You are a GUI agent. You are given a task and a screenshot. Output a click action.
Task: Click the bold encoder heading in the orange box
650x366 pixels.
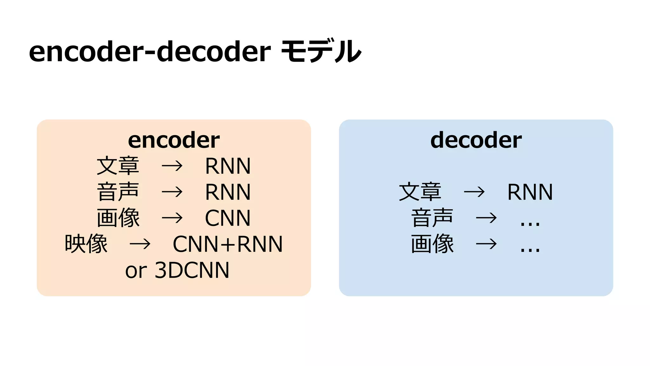(174, 140)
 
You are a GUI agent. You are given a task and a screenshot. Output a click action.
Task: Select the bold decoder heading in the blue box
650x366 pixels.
(476, 140)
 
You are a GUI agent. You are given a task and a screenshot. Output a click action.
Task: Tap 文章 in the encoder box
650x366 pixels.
(118, 166)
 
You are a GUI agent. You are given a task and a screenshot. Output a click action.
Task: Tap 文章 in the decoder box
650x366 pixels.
(420, 192)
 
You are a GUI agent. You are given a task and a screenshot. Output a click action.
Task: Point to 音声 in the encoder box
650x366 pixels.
(118, 192)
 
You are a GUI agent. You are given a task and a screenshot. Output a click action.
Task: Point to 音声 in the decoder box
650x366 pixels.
(432, 218)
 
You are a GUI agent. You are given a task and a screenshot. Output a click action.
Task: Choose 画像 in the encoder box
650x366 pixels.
(118, 218)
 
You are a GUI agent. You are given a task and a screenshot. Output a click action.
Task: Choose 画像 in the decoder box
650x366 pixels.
(432, 244)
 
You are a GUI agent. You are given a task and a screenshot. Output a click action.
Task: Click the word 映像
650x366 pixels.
(86, 244)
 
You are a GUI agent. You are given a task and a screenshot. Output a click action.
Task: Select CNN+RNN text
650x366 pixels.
(228, 244)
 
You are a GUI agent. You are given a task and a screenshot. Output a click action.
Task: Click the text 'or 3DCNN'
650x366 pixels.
(177, 270)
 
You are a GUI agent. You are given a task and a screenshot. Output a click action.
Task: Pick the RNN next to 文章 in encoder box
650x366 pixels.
(228, 166)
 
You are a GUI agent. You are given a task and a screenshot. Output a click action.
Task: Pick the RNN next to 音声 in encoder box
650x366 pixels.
(228, 192)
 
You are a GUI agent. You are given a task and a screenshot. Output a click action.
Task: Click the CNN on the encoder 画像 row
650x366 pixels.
(228, 218)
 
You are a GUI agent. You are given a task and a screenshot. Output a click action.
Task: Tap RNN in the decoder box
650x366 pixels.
(530, 192)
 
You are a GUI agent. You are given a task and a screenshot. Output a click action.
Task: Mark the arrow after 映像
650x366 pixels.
(140, 244)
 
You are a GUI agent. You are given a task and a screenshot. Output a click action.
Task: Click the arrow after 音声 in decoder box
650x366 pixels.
(486, 218)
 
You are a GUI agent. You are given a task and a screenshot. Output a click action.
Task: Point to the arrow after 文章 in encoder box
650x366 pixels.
(172, 166)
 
